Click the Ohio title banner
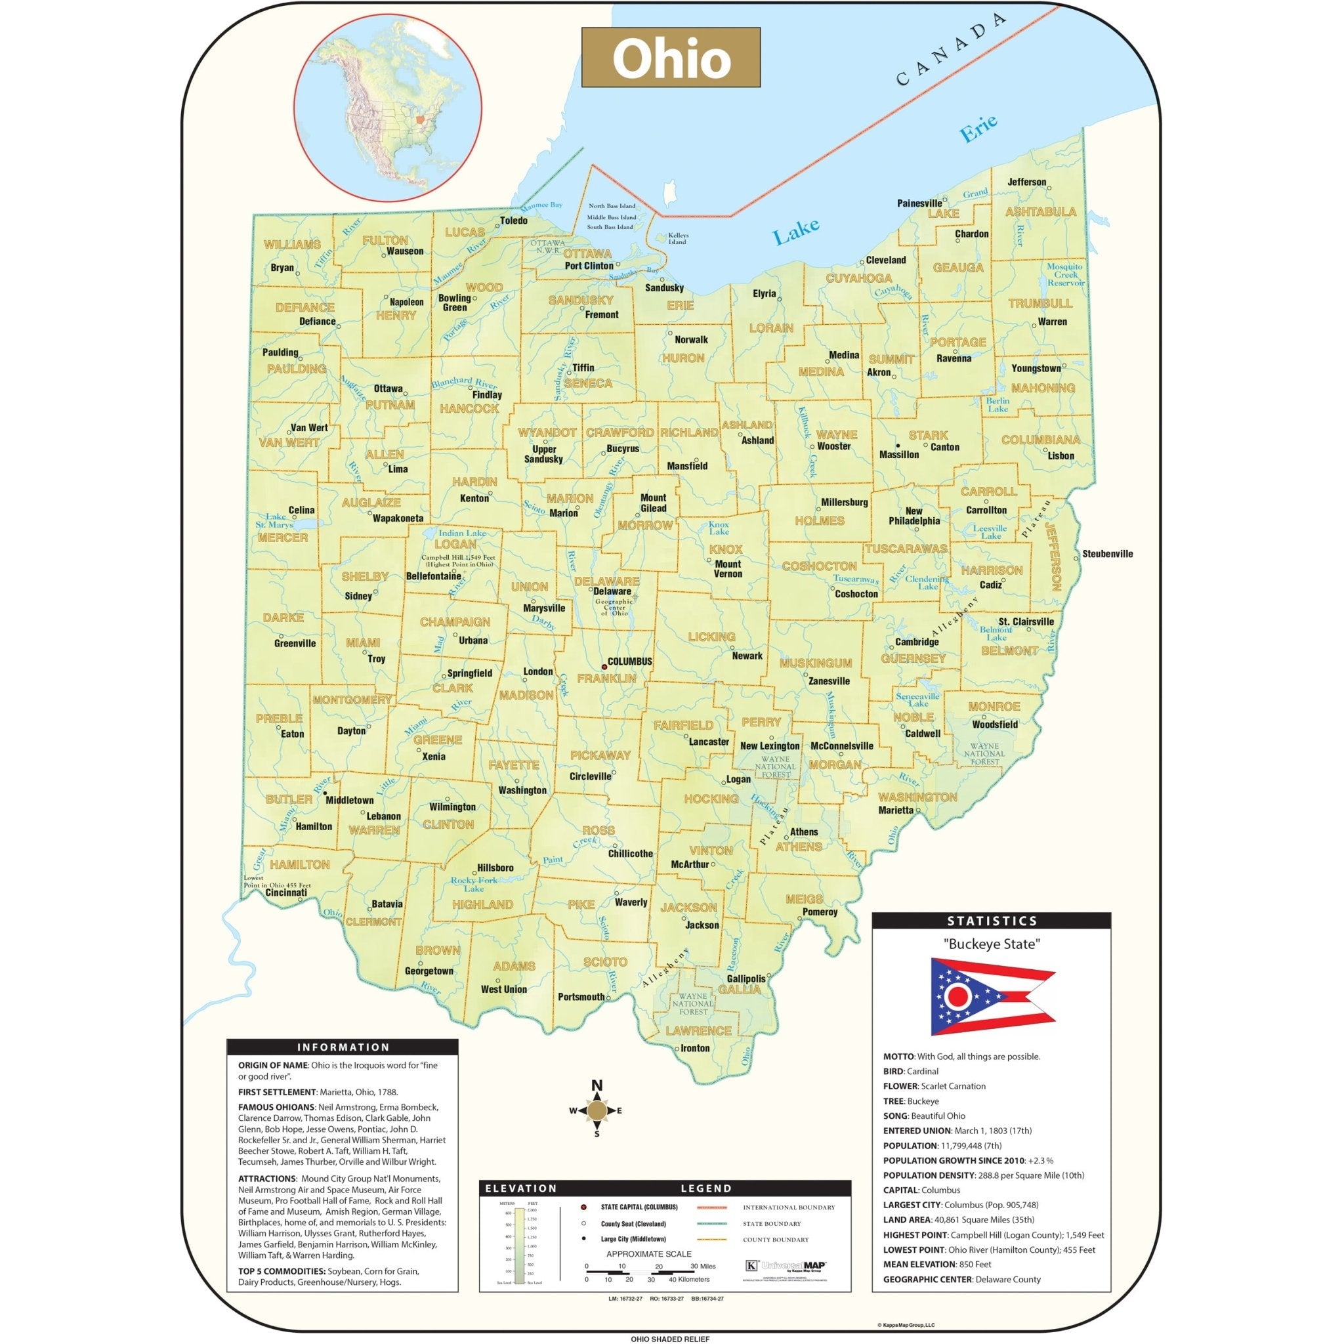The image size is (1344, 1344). click(671, 58)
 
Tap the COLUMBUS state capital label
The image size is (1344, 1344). click(629, 661)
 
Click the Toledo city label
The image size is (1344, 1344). click(513, 220)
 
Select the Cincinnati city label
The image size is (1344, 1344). click(286, 892)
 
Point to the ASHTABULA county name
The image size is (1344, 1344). click(1040, 211)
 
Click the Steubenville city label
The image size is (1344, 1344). click(1108, 554)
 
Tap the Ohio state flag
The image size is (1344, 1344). click(992, 996)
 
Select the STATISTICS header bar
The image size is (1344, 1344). click(992, 920)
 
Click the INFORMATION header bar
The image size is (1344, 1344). click(343, 1047)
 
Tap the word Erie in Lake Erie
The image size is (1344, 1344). click(978, 129)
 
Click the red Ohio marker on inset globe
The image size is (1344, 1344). click(419, 119)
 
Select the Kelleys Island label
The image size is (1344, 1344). click(677, 239)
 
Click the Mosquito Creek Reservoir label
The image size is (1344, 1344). click(1065, 274)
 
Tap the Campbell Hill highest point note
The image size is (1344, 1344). click(458, 560)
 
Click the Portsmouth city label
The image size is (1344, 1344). click(581, 996)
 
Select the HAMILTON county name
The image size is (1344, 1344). click(300, 865)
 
